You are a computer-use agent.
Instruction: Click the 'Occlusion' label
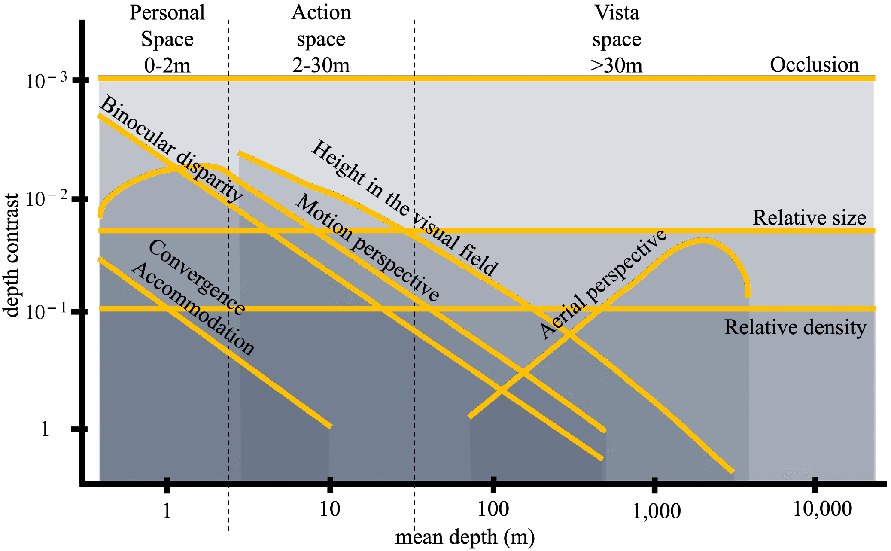click(814, 65)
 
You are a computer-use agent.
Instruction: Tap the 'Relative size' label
click(809, 218)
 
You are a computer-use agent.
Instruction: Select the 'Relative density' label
click(795, 327)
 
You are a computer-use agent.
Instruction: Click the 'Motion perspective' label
click(367, 247)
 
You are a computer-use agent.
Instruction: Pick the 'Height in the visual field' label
click(404, 208)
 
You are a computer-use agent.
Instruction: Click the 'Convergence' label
click(197, 277)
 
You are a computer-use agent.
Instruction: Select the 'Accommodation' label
click(193, 308)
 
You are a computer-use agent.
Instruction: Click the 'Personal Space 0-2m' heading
click(167, 39)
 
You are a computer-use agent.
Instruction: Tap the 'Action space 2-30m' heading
click(321, 39)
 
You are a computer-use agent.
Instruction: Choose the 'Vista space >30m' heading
click(617, 39)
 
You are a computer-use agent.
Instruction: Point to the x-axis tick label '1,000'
click(656, 511)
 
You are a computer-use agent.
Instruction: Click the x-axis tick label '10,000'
click(822, 509)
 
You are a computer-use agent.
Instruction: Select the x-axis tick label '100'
click(493, 509)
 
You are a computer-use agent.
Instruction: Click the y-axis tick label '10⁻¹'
click(46, 311)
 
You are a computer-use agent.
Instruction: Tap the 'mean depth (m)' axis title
click(465, 537)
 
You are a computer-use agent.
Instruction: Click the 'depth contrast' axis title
click(12, 255)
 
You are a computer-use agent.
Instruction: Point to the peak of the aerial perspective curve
click(702, 240)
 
